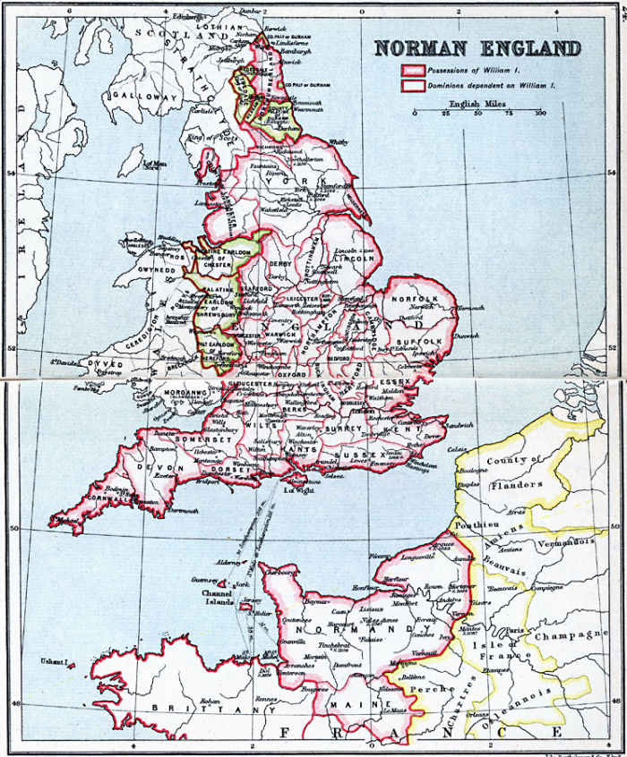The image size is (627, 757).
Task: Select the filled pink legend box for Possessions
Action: pyautogui.click(x=412, y=71)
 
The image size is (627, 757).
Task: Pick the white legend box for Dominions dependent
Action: pyautogui.click(x=412, y=86)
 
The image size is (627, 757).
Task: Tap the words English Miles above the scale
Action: pyautogui.click(x=476, y=103)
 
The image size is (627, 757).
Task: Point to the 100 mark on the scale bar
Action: pyautogui.click(x=539, y=114)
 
